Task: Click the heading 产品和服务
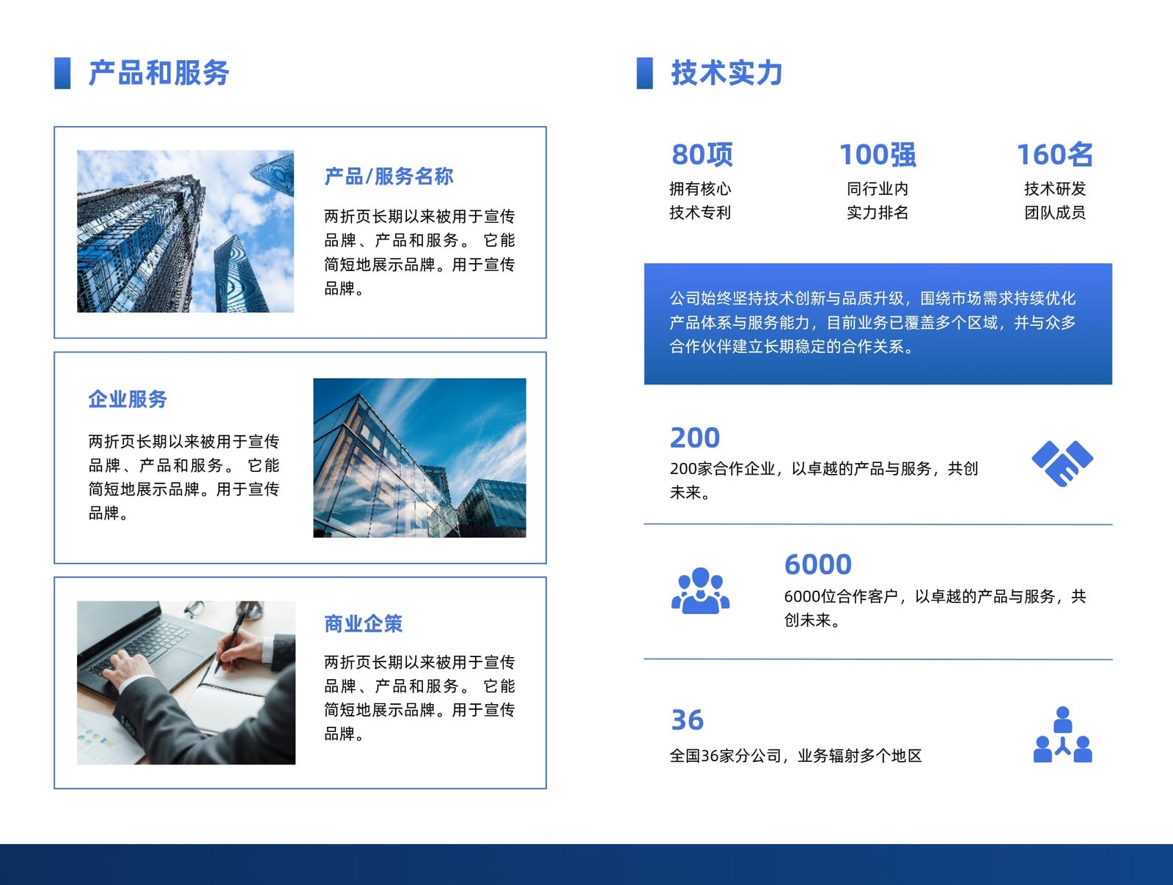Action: click(x=158, y=73)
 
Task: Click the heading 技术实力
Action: click(x=727, y=73)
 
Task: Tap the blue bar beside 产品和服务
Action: click(x=62, y=73)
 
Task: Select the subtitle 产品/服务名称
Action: click(x=389, y=176)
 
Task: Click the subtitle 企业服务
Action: click(x=128, y=399)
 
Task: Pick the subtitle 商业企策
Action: click(x=364, y=623)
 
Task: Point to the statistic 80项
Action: click(x=702, y=155)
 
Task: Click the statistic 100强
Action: click(x=878, y=155)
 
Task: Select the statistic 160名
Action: click(x=1054, y=155)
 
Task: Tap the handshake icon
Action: click(x=1062, y=463)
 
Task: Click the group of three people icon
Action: click(x=700, y=591)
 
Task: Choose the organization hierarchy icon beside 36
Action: click(x=1062, y=735)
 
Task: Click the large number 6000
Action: click(x=817, y=565)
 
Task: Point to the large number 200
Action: click(x=695, y=437)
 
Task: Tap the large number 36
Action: click(x=687, y=720)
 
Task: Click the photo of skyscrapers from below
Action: click(x=185, y=231)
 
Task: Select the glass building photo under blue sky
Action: click(x=419, y=458)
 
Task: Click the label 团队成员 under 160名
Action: click(x=1054, y=212)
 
